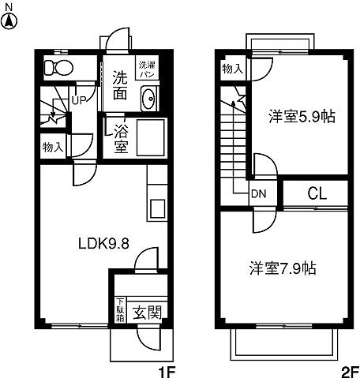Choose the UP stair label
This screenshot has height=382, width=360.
80,100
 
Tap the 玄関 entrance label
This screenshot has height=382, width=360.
147,313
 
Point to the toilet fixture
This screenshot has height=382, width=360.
58,68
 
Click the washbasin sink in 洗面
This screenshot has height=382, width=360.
148,99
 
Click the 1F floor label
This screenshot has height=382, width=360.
163,370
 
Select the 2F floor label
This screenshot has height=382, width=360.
350,370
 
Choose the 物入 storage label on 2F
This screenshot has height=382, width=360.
233,69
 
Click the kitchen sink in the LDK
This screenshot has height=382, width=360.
155,208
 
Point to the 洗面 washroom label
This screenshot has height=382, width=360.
120,86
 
